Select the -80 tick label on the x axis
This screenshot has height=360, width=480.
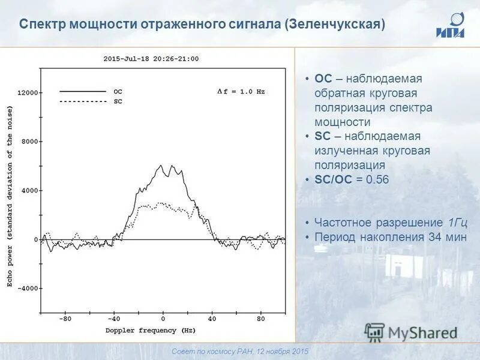pyautogui.click(x=65, y=319)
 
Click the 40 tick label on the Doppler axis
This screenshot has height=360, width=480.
pyautogui.click(x=212, y=319)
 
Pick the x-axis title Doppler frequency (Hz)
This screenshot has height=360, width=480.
pyautogui.click(x=151, y=331)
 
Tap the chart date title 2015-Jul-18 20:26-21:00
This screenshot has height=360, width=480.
pyautogui.click(x=151, y=59)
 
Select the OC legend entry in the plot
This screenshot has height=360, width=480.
pyautogui.click(x=118, y=92)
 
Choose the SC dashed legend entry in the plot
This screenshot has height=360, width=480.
pyautogui.click(x=118, y=102)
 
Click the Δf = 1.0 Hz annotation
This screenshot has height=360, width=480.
pyautogui.click(x=241, y=92)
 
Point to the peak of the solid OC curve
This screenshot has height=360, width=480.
pyautogui.click(x=161, y=166)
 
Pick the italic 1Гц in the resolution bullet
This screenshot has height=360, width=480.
pyautogui.click(x=457, y=223)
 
